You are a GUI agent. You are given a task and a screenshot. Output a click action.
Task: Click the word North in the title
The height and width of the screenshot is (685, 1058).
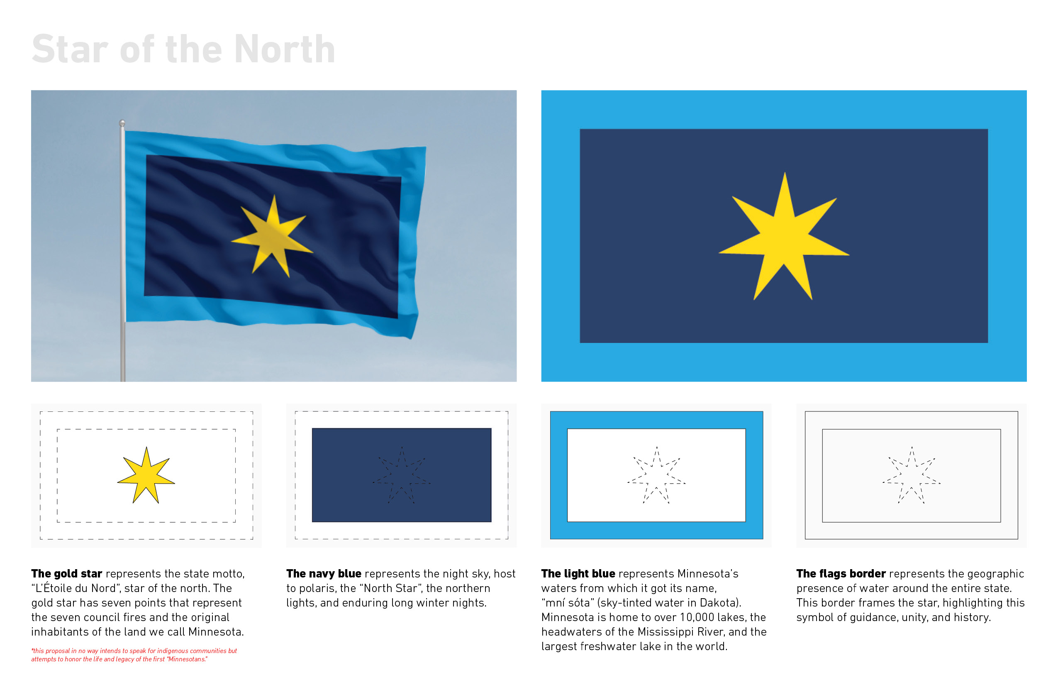285,49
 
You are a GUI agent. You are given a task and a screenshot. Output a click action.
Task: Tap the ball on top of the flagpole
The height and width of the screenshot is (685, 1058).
122,123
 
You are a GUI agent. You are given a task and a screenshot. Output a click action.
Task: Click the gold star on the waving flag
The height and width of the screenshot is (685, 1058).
273,236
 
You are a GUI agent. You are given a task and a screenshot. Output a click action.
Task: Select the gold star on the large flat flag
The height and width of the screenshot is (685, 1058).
784,236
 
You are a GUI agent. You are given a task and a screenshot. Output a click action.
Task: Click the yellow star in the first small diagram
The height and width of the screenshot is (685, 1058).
146,475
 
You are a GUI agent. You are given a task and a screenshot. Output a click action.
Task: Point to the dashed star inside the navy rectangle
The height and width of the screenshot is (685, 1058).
402,475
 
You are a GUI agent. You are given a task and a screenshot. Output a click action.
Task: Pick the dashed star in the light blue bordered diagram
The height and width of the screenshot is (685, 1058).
656,475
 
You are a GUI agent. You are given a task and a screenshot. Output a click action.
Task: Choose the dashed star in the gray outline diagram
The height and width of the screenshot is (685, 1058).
911,475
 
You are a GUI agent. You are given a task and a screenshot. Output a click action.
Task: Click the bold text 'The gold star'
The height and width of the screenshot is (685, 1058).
67,574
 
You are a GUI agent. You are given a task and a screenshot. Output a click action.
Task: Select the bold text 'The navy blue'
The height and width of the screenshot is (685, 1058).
324,574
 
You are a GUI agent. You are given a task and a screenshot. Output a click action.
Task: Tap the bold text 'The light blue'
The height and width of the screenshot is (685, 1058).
578,574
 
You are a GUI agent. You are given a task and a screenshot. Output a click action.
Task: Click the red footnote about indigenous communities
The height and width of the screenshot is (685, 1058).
134,655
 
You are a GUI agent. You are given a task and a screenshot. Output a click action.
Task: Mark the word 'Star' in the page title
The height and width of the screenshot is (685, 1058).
70,49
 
